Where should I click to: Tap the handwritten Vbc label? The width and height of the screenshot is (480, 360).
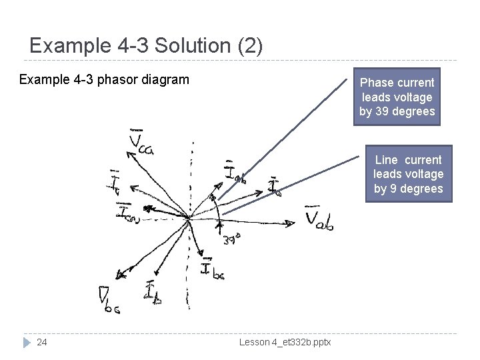click(x=107, y=299)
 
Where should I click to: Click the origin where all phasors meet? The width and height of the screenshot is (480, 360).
click(x=190, y=217)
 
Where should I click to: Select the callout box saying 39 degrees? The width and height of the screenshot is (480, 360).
click(x=397, y=97)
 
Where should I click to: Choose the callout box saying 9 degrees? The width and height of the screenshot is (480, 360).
click(x=408, y=174)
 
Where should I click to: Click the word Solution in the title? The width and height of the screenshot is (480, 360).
click(x=201, y=46)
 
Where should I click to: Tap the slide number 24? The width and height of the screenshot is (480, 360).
click(x=42, y=342)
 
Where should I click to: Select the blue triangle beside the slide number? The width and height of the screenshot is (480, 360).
click(x=27, y=342)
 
